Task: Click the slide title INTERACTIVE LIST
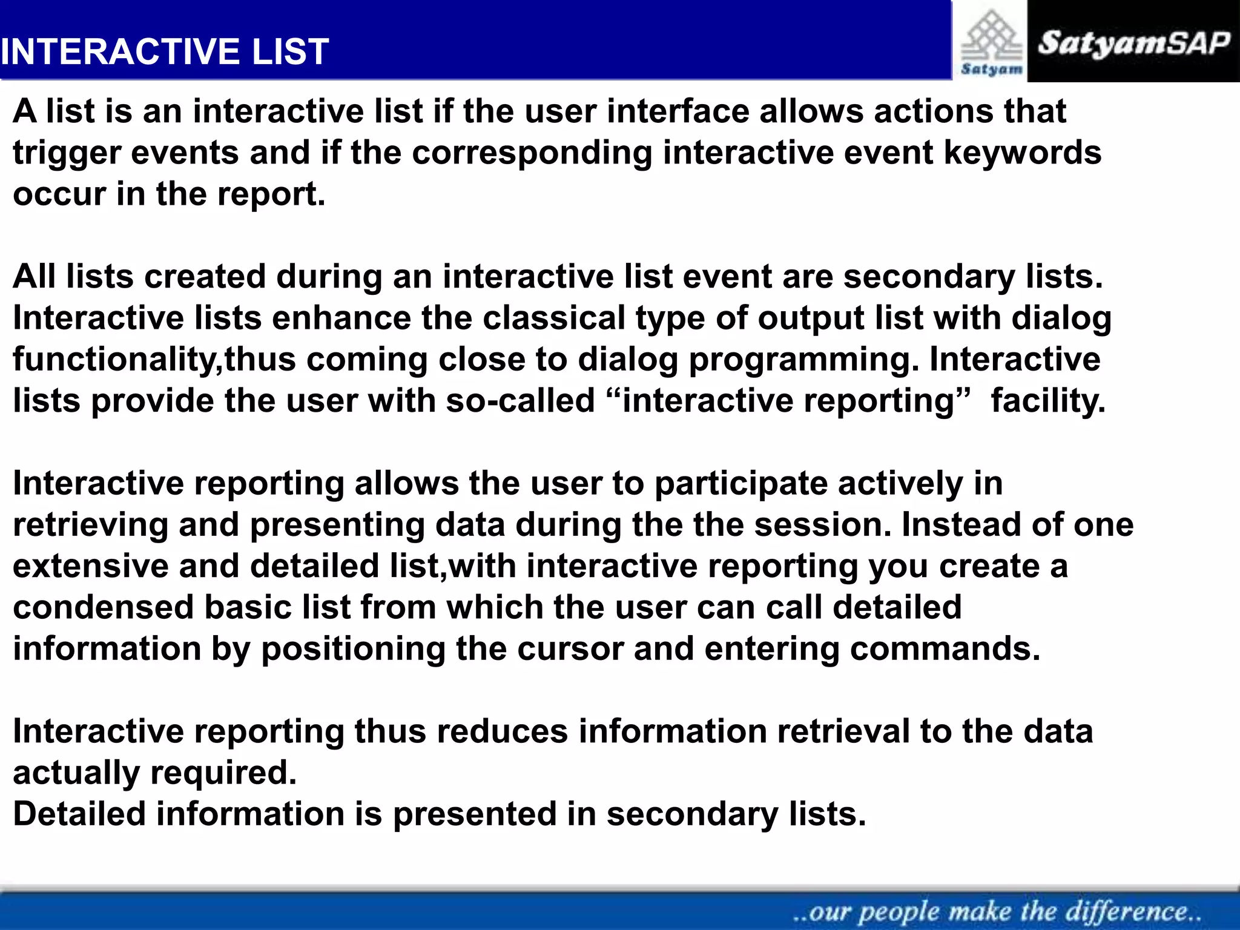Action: click(x=165, y=51)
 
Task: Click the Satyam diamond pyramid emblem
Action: click(x=991, y=36)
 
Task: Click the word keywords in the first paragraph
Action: click(x=1023, y=153)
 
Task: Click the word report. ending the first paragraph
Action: click(x=271, y=195)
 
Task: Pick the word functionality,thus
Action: click(x=154, y=360)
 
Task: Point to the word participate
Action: click(x=741, y=484)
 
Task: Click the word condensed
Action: click(x=103, y=607)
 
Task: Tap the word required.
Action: click(x=223, y=774)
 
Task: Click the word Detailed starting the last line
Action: click(x=79, y=814)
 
